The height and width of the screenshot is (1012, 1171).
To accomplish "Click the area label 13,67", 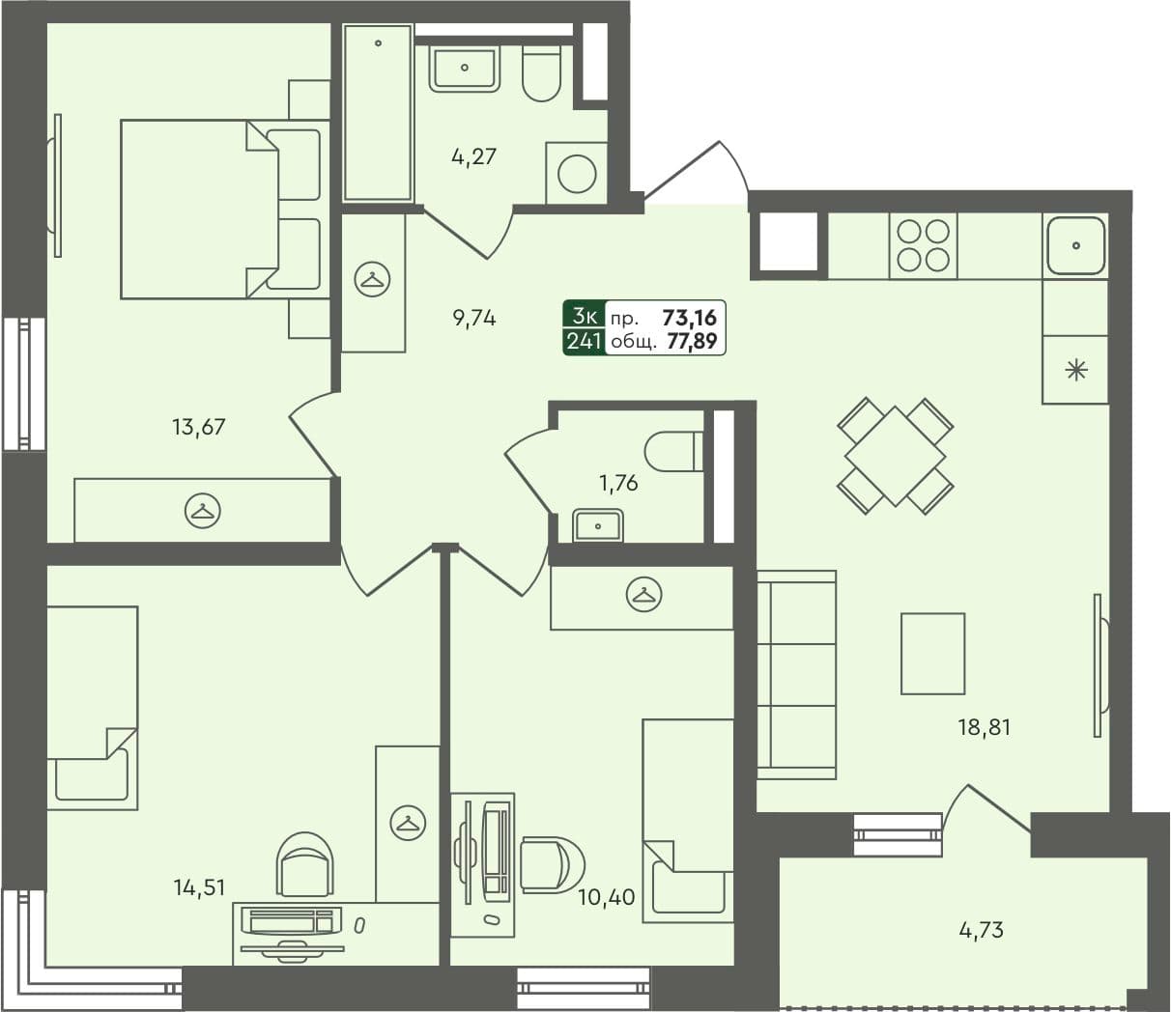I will [199, 426].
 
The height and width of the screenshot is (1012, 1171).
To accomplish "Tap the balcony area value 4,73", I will [981, 931].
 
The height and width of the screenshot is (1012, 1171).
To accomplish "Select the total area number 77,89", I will [692, 341].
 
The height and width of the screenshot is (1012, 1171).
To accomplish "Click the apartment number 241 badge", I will [585, 341].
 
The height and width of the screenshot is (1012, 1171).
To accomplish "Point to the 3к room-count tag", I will [585, 316].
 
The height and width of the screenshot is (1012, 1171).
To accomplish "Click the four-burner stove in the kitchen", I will [923, 245].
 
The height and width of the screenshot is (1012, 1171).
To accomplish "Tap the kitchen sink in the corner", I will [1075, 245].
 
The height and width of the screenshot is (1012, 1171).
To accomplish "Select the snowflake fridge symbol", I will [1075, 370].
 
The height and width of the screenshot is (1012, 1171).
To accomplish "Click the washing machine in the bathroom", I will [578, 175].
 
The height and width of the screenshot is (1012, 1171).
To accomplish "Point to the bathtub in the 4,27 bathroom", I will [378, 113].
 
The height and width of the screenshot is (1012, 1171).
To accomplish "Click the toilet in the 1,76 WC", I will [674, 451].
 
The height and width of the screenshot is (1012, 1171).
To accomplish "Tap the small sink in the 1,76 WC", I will [599, 526].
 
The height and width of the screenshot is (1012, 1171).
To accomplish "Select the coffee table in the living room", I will [932, 654].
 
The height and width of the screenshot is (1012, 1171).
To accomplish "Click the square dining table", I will [895, 455].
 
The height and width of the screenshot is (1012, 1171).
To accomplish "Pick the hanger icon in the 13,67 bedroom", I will [202, 510].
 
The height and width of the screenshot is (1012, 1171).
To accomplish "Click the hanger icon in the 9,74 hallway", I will [372, 279].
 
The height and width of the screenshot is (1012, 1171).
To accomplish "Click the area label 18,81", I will [984, 727].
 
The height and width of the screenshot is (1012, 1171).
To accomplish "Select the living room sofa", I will [796, 674].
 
